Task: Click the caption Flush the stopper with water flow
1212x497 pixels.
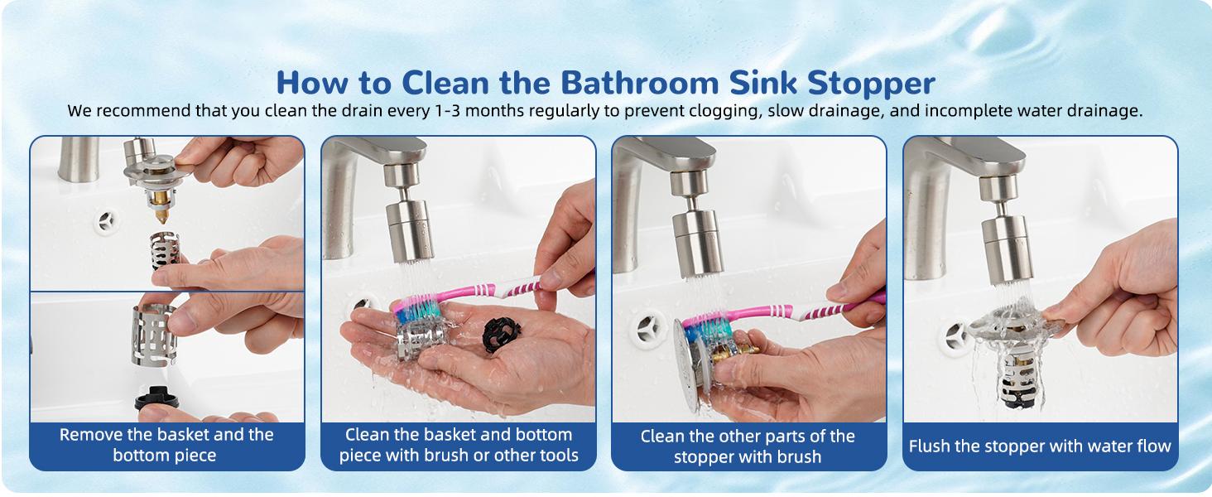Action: click(x=1040, y=446)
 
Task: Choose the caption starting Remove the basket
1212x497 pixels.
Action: click(x=166, y=445)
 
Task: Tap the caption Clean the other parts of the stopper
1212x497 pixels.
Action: click(x=748, y=446)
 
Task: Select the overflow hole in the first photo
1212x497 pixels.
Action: click(x=106, y=221)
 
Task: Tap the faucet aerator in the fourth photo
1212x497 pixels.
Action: click(x=1003, y=248)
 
